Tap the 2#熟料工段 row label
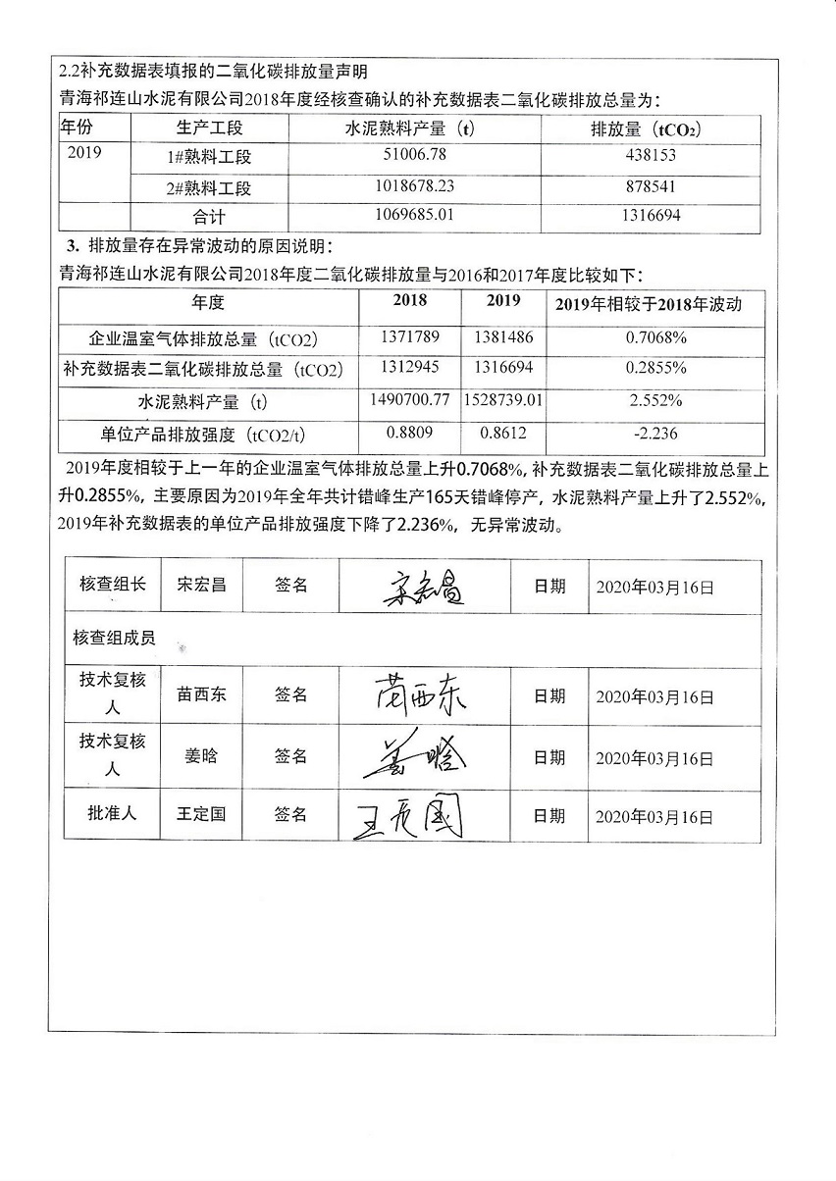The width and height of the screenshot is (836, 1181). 209,187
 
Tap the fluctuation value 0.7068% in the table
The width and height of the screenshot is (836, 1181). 655,337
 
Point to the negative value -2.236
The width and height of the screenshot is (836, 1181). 655,433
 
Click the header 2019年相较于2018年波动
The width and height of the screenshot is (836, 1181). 654,304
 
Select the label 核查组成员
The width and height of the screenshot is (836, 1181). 114,639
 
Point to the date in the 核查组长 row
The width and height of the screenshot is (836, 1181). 654,588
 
